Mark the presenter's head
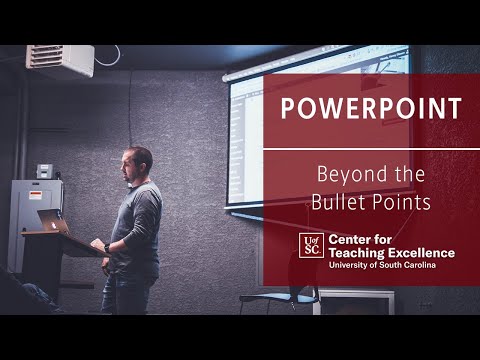click(139, 163)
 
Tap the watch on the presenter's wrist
click(106, 247)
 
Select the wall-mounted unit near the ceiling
click(60, 60)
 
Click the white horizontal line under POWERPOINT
click(371, 149)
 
